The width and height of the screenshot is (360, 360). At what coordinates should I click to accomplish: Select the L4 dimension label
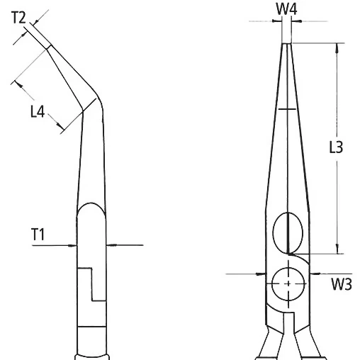pyautogui.click(x=39, y=111)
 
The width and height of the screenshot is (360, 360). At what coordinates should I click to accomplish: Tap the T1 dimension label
pyautogui.click(x=39, y=235)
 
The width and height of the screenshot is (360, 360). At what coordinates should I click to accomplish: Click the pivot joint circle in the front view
pyautogui.click(x=289, y=283)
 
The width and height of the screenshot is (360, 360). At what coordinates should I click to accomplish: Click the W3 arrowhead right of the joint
pyautogui.click(x=315, y=271)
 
